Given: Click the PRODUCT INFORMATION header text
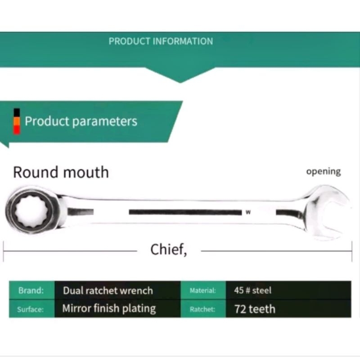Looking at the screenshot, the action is tap(161, 41).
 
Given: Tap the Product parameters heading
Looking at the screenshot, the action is tap(81, 121).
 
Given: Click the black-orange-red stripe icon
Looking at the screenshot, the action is tap(17, 121).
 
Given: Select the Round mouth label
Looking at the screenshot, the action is tap(61, 172).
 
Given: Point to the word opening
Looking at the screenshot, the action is tap(323, 171).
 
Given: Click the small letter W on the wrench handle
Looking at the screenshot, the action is tap(248, 212).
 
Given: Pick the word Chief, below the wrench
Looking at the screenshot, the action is tap(168, 250).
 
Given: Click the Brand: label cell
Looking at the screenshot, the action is tap(31, 291).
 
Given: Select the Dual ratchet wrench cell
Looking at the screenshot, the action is tap(108, 291).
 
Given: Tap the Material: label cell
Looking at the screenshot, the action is tap(203, 291).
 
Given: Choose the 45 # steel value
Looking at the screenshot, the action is tap(253, 291).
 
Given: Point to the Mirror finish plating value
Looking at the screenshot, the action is tap(109, 309).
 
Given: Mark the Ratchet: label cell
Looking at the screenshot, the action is tap(202, 309).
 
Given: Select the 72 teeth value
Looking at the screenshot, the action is tap(255, 309).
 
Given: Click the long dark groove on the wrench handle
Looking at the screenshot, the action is tap(184, 212).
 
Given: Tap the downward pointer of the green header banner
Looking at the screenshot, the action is tap(180, 78).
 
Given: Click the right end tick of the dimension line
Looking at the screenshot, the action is tap(352, 251).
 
